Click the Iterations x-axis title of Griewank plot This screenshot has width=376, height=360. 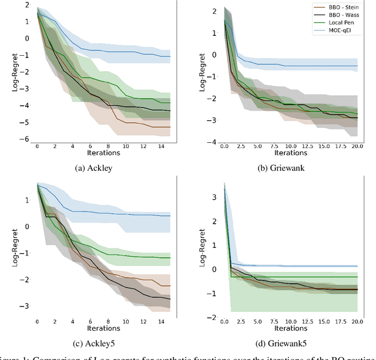coord(290,153)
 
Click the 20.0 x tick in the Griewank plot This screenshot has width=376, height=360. coord(357,146)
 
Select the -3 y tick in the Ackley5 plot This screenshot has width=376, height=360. coord(27,307)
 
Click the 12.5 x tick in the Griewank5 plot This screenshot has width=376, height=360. coord(306,321)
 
